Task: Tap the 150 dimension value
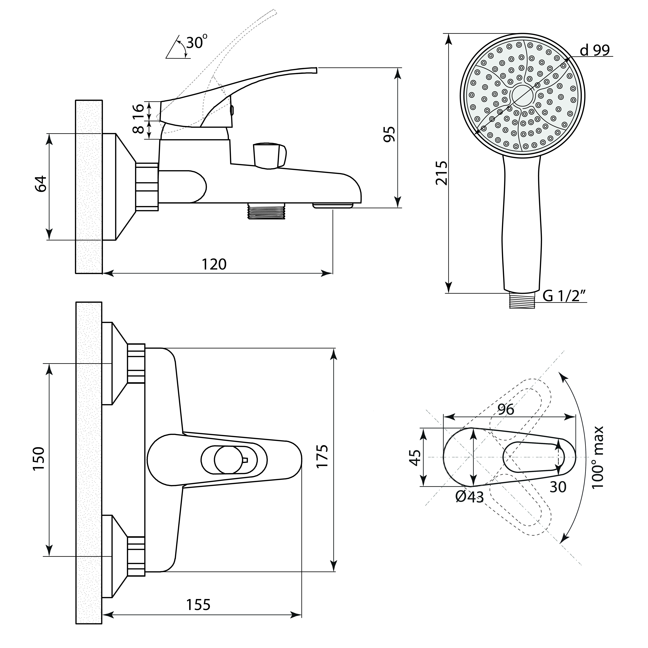39,459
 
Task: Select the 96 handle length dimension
506,409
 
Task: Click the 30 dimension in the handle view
558,487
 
